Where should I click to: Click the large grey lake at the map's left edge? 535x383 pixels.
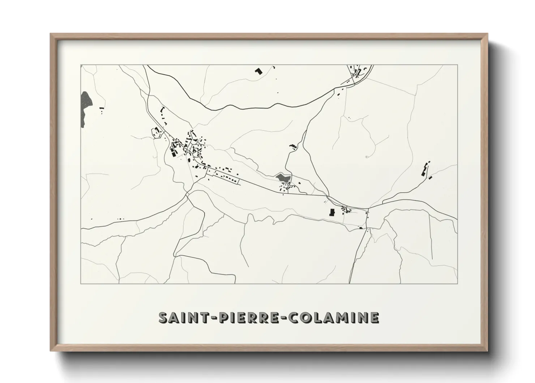coord(86,108)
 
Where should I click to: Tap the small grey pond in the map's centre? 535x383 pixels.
coord(283,178)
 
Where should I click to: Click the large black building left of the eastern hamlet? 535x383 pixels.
coord(331,212)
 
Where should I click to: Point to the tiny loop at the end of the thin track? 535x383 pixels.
coord(367,157)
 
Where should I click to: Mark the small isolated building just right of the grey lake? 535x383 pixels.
coord(102,108)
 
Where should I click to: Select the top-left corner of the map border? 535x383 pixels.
coord(81,65)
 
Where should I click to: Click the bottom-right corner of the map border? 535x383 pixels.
coord(458,283)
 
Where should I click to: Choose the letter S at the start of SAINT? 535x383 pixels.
coord(164,317)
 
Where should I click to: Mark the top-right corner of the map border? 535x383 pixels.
coord(458,65)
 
